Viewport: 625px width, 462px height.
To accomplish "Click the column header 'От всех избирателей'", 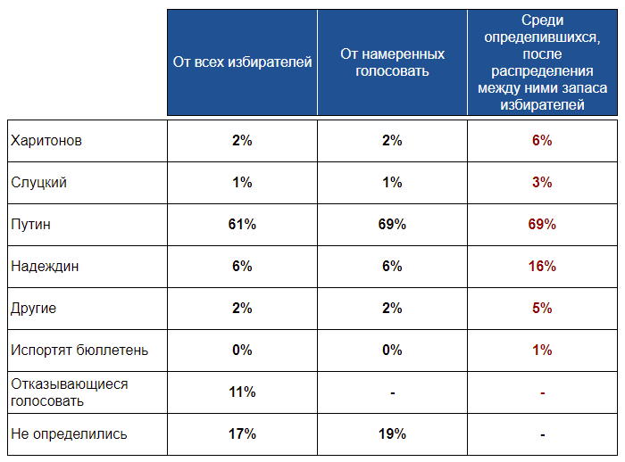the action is click(242, 62).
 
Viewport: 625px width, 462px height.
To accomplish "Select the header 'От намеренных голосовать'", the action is click(392, 62).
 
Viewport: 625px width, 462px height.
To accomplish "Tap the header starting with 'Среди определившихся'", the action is click(542, 62).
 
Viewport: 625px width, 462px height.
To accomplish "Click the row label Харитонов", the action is click(46, 141).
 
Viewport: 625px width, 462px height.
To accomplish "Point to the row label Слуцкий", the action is click(38, 183).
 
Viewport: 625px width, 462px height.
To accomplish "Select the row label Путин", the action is click(30, 225).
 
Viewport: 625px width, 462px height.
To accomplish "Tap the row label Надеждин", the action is click(45, 267).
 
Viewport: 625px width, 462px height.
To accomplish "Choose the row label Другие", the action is click(34, 309).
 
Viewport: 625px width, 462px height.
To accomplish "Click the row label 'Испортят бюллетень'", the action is click(79, 351).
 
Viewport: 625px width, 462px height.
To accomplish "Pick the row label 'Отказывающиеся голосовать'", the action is click(70, 392).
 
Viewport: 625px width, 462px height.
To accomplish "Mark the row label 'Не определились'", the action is click(69, 434).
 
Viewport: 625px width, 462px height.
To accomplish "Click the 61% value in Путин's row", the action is click(242, 224).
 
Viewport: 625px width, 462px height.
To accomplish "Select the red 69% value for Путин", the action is click(542, 224).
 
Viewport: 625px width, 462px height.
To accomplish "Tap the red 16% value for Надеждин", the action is click(542, 266).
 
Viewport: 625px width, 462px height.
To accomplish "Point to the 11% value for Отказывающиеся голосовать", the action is click(242, 392).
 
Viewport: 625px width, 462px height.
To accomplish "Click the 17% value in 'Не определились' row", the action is click(242, 433).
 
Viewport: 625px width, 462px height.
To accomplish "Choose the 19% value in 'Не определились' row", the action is click(392, 433).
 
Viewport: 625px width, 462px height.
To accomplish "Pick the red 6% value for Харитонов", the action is click(542, 140).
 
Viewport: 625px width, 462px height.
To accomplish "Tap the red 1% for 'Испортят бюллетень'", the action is click(542, 351).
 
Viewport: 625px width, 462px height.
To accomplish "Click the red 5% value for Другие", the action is click(542, 308).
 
